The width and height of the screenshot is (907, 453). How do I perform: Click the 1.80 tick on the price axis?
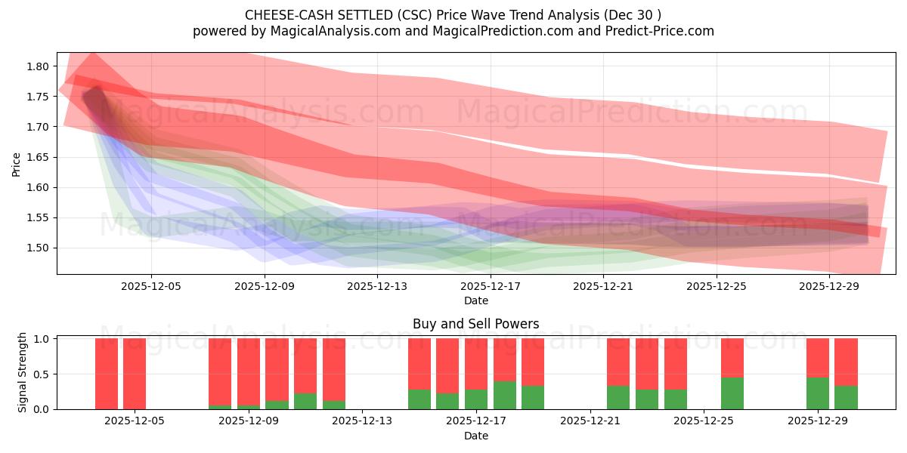pyautogui.click(x=38, y=66)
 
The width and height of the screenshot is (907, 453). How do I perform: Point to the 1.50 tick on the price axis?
pyautogui.click(x=38, y=248)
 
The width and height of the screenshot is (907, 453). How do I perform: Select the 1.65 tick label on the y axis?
pyautogui.click(x=38, y=157)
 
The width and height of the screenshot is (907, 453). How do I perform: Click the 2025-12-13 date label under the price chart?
pyautogui.click(x=377, y=286)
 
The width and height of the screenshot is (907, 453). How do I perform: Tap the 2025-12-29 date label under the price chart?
pyautogui.click(x=829, y=286)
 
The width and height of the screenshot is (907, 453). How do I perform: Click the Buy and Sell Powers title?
pyautogui.click(x=475, y=324)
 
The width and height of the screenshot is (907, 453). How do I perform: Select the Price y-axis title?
pyautogui.click(x=17, y=163)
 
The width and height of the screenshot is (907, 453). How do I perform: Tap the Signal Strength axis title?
pyautogui.click(x=23, y=372)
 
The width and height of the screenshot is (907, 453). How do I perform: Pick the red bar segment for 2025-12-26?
pyautogui.click(x=732, y=358)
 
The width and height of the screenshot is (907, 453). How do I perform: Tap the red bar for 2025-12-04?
pyautogui.click(x=135, y=373)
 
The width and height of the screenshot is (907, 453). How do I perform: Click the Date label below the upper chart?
pyautogui.click(x=475, y=300)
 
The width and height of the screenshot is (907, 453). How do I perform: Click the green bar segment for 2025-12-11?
pyautogui.click(x=305, y=401)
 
